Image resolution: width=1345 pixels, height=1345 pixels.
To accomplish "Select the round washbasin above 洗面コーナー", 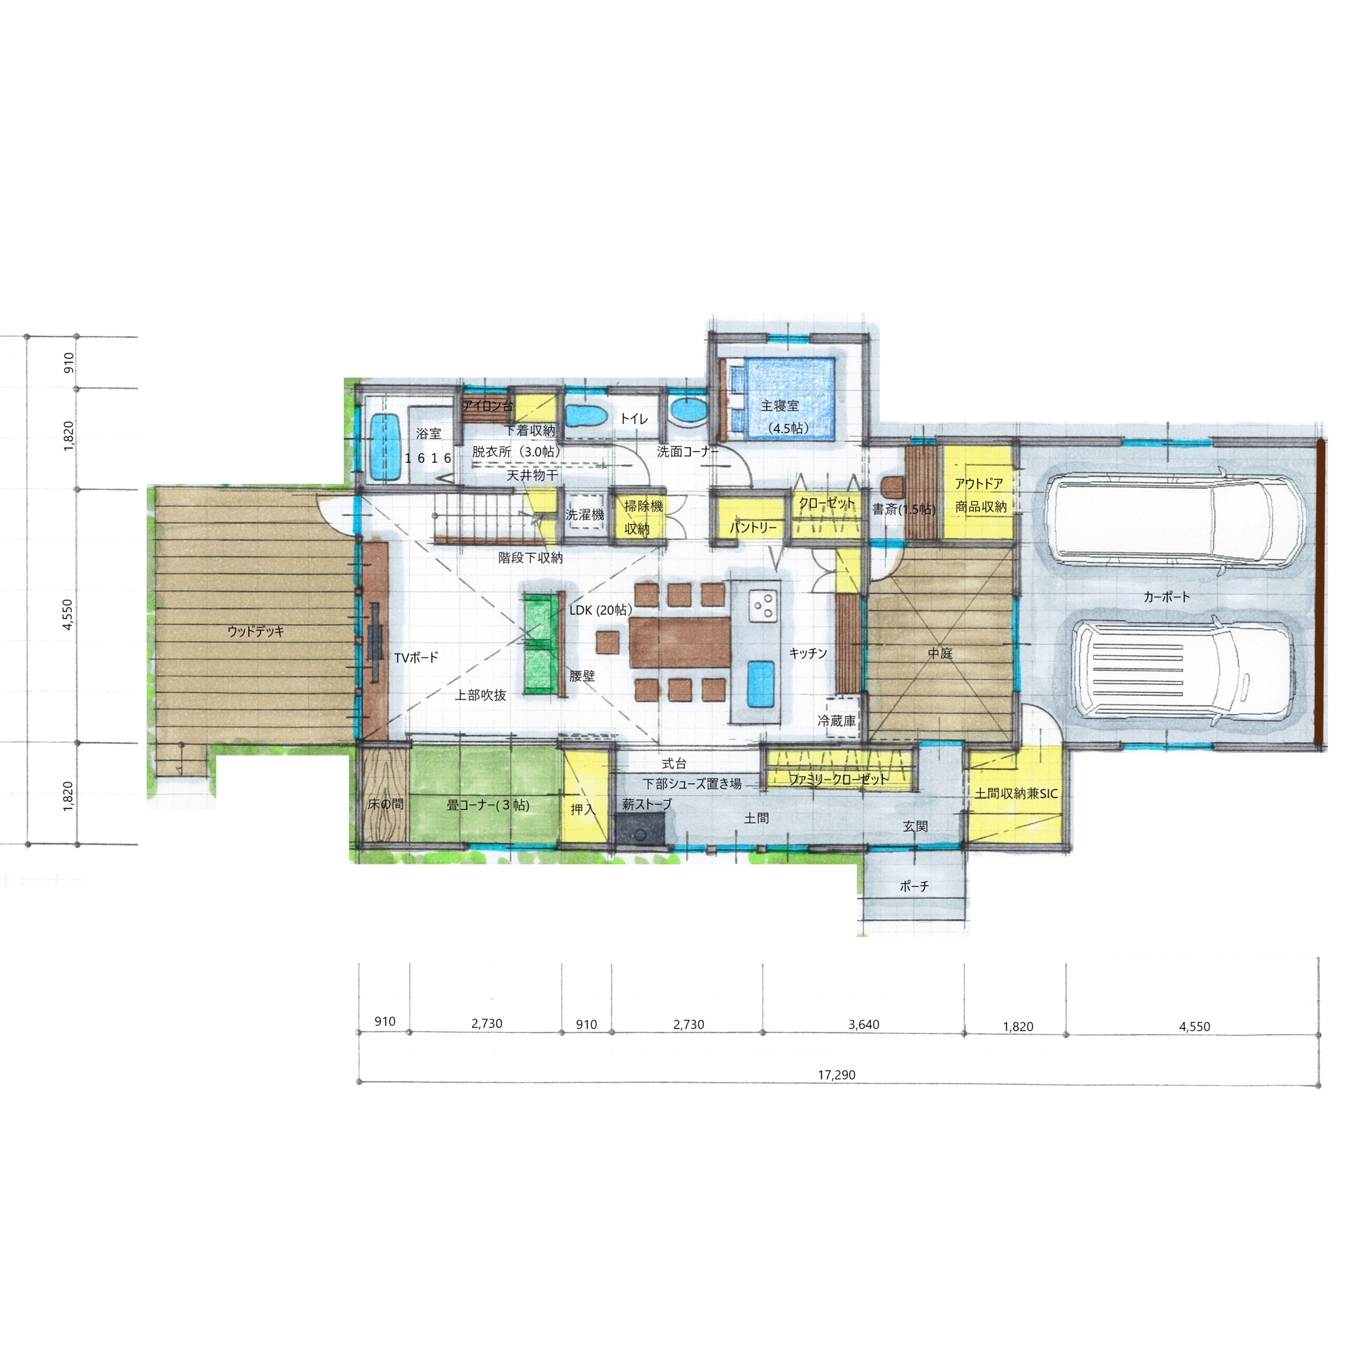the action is pyautogui.click(x=688, y=409).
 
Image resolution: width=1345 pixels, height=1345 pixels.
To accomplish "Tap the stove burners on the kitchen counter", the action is pyautogui.click(x=762, y=606).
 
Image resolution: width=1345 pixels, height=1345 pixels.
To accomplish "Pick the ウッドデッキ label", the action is pyautogui.click(x=256, y=632).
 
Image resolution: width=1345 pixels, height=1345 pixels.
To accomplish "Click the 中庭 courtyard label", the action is pyautogui.click(x=940, y=653).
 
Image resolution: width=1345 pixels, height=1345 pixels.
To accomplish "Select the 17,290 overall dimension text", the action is pyautogui.click(x=836, y=1074).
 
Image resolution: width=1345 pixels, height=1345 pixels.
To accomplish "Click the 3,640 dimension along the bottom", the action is pyautogui.click(x=863, y=1024).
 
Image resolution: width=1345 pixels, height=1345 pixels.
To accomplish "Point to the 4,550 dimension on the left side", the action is pyautogui.click(x=68, y=615).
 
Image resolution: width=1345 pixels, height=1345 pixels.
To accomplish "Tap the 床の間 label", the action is pyautogui.click(x=385, y=804).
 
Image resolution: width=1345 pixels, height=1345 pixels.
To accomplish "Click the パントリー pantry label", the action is pyautogui.click(x=753, y=527).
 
